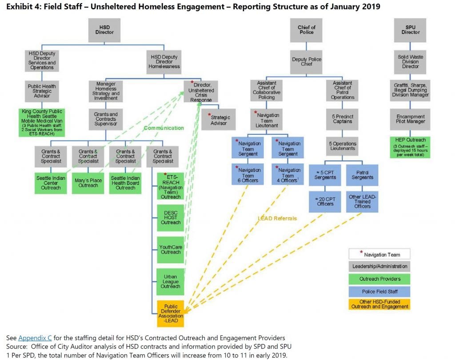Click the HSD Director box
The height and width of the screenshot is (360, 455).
(x=105, y=29)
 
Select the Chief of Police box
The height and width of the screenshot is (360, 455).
(x=307, y=29)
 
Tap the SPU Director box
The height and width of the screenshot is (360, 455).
(x=410, y=29)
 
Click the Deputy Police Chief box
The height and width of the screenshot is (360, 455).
(x=307, y=62)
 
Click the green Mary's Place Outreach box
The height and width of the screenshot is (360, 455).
(x=88, y=183)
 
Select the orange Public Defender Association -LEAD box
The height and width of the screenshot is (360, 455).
(x=171, y=314)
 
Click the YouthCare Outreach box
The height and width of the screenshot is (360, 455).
(x=171, y=249)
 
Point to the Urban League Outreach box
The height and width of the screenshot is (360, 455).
(x=171, y=281)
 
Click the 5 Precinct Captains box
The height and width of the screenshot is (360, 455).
(x=342, y=120)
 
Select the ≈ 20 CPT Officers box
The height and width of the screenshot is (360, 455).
(x=324, y=201)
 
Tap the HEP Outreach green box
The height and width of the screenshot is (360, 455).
(x=410, y=147)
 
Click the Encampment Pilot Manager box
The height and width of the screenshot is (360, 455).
(x=410, y=119)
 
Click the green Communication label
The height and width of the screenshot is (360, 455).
(x=163, y=128)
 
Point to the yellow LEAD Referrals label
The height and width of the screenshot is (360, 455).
(x=277, y=218)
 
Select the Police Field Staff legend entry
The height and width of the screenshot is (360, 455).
(x=379, y=292)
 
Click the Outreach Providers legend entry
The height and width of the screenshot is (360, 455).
(x=379, y=279)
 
